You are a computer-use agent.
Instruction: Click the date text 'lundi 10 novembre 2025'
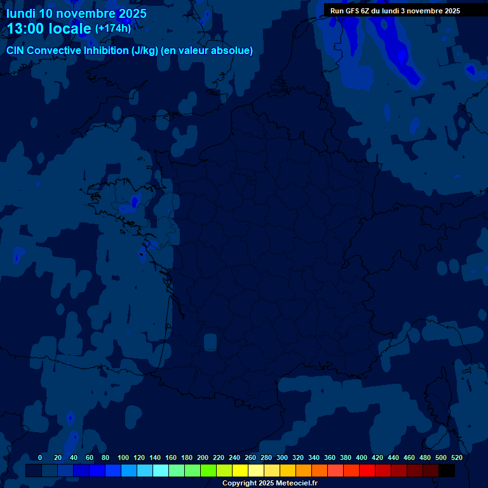click(76, 13)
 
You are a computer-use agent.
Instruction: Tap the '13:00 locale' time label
click(49, 29)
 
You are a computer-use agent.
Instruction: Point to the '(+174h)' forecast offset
click(112, 29)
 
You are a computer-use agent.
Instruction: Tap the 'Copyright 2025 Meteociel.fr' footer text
click(269, 483)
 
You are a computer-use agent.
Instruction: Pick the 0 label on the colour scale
click(40, 457)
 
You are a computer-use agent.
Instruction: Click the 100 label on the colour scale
click(123, 457)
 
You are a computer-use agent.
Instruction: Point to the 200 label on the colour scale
click(203, 457)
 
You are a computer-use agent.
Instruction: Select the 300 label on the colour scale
click(282, 457)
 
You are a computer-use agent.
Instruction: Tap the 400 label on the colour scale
click(362, 457)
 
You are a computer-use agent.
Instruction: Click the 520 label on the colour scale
click(456, 457)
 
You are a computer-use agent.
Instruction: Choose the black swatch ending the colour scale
click(447, 470)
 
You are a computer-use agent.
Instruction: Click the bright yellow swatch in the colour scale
click(240, 470)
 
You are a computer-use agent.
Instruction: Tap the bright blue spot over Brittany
click(134, 202)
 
